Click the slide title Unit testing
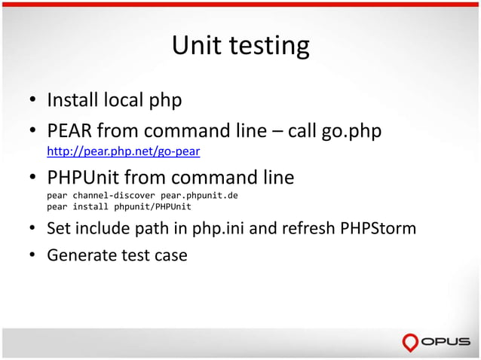[x=240, y=46]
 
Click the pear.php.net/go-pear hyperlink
[x=123, y=151]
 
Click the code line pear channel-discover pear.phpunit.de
[x=142, y=195]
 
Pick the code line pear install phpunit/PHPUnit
[x=119, y=206]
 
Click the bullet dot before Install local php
[x=34, y=100]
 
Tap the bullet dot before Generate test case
[x=34, y=255]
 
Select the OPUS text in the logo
[x=447, y=343]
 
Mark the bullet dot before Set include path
[x=34, y=228]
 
